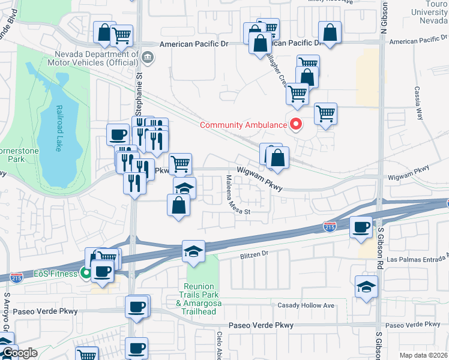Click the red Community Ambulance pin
[295, 125]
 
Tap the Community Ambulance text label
[243, 125]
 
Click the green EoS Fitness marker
[86, 274]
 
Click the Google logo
[19, 353]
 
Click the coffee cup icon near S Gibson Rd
[361, 227]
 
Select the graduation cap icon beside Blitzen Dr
[194, 251]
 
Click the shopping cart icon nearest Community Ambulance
[325, 113]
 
